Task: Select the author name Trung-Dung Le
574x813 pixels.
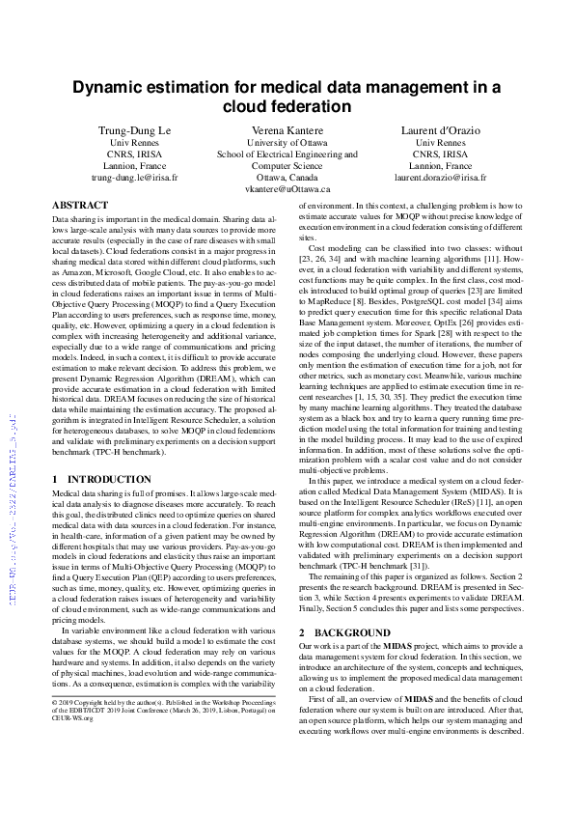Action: (136, 129)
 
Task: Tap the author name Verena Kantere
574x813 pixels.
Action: (287, 129)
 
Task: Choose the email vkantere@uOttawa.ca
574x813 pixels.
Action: (287, 190)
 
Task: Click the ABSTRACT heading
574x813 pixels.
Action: (80, 206)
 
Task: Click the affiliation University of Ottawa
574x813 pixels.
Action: (287, 142)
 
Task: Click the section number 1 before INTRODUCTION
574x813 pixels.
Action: (55, 479)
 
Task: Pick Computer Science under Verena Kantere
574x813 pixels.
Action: (287, 166)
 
